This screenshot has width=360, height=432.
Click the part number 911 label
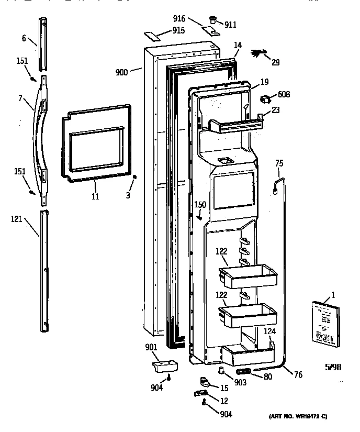click(230, 25)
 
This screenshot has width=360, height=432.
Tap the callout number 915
click(178, 30)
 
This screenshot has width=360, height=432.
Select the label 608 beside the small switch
click(284, 95)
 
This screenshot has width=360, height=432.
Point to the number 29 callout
click(275, 62)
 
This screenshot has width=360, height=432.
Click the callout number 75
click(279, 163)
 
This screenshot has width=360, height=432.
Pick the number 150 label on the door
click(200, 205)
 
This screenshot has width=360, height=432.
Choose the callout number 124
click(268, 331)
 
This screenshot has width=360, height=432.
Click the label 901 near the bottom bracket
click(152, 347)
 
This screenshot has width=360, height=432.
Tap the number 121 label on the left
click(17, 219)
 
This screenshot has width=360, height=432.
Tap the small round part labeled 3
click(135, 177)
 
